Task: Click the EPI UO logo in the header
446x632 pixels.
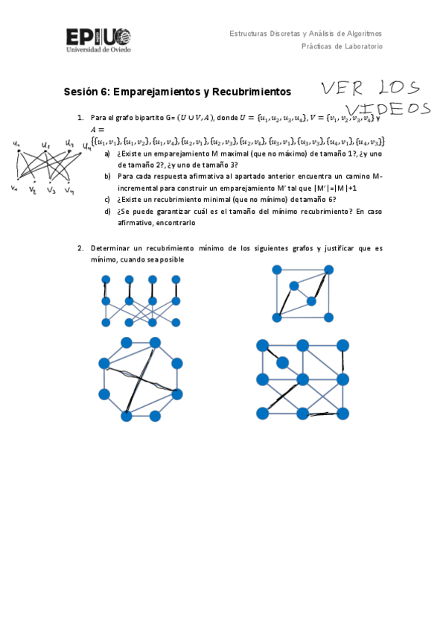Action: [x=98, y=37]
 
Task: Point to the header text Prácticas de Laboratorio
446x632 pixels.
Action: [x=342, y=46]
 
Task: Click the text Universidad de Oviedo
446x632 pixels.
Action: [x=98, y=50]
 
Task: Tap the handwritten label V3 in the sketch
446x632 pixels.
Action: [x=51, y=190]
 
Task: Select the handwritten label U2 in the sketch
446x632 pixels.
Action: [x=46, y=146]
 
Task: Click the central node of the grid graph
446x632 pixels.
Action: [x=302, y=379]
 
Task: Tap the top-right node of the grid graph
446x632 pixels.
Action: [x=343, y=346]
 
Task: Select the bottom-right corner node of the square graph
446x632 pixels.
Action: [x=323, y=317]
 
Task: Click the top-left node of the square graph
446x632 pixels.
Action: [x=277, y=270]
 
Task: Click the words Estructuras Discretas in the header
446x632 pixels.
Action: [x=265, y=34]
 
